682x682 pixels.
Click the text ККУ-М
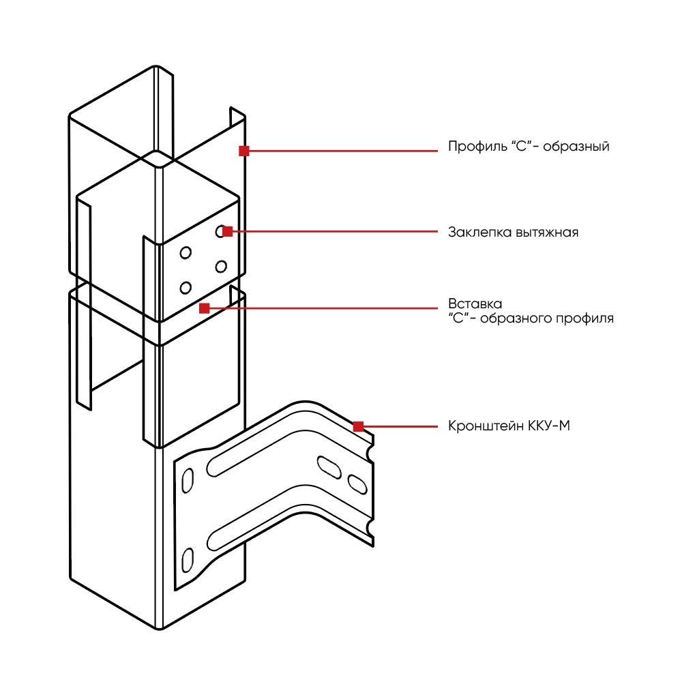[x=549, y=427]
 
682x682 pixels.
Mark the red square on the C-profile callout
[x=243, y=150]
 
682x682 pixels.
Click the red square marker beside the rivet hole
[x=228, y=231]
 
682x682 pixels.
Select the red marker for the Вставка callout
[x=204, y=308]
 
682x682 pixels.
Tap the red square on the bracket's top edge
[x=358, y=426]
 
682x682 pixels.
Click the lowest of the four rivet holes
[x=184, y=287]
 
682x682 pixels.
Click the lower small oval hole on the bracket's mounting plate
[x=186, y=559]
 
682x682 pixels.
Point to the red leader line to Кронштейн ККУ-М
[x=402, y=427]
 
